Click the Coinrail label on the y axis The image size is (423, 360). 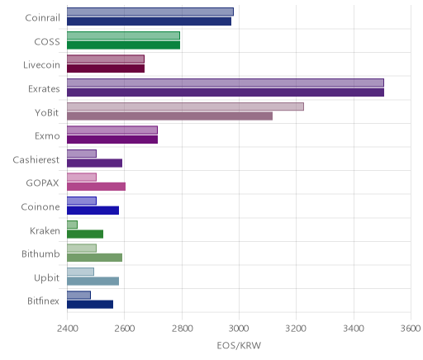click(42, 18)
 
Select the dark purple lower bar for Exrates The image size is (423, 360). click(226, 92)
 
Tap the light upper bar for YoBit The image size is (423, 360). click(185, 107)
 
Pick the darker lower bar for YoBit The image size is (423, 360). click(169, 116)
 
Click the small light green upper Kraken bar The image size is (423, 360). click(72, 225)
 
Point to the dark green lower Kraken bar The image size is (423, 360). click(85, 234)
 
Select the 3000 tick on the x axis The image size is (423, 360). click(239, 329)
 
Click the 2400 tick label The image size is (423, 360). click(67, 329)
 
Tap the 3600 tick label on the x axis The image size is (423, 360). click(411, 329)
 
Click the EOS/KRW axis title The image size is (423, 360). click(239, 345)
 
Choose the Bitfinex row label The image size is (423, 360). click(43, 301)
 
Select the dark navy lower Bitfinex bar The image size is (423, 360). click(90, 305)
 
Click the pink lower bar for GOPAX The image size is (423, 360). click(96, 187)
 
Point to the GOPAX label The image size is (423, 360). click(42, 183)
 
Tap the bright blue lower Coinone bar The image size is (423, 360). click(93, 211)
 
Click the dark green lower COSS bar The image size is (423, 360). click(123, 45)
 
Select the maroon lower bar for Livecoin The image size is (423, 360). click(106, 69)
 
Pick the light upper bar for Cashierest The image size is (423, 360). click(82, 154)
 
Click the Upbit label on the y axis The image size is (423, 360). click(46, 278)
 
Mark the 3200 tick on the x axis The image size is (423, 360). click(297, 329)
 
